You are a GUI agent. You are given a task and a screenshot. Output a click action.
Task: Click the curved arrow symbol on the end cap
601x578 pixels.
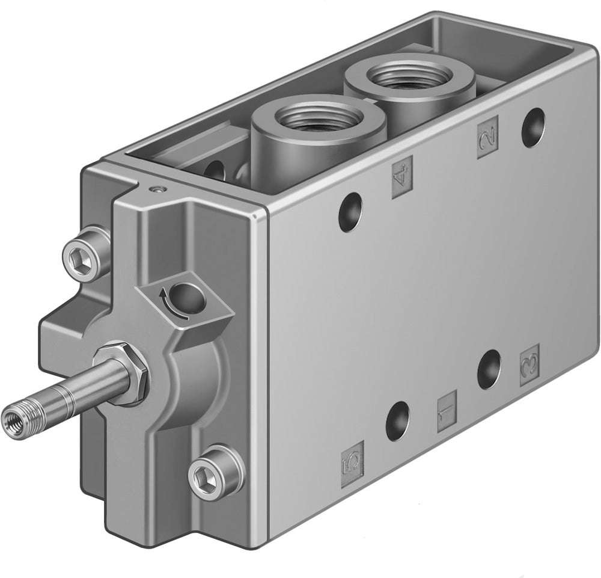(164, 295)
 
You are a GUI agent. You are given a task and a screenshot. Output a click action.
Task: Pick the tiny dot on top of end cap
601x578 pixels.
(157, 190)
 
